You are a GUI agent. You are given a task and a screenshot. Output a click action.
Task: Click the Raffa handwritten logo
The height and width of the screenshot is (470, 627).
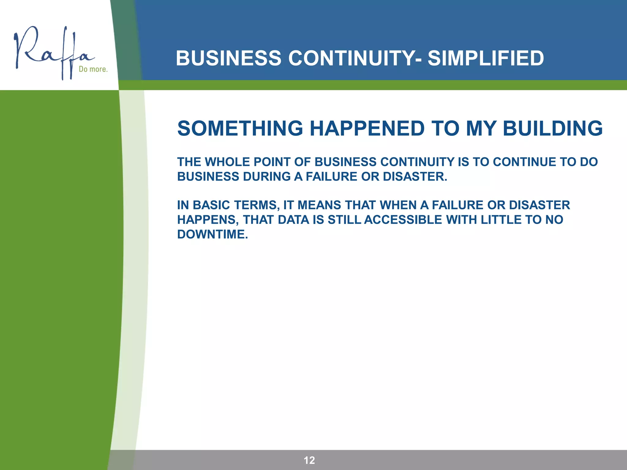[x=52, y=52]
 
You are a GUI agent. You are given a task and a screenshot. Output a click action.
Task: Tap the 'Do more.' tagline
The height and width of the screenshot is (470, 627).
[x=93, y=69]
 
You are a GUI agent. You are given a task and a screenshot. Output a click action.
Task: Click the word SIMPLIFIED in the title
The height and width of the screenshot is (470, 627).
[x=486, y=58]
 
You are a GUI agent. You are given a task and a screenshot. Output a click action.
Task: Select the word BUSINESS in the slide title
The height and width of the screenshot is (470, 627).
[x=228, y=58]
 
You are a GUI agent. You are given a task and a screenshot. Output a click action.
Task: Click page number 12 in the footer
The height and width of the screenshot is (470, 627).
[x=309, y=460]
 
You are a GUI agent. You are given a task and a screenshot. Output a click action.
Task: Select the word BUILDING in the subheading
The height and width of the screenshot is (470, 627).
[x=553, y=128]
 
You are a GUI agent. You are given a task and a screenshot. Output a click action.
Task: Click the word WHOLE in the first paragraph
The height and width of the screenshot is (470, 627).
[x=227, y=162]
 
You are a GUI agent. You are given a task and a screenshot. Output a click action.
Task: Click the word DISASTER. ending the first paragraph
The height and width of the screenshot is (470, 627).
[x=415, y=177]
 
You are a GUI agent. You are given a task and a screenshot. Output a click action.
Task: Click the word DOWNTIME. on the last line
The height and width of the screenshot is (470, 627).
[x=212, y=234]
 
